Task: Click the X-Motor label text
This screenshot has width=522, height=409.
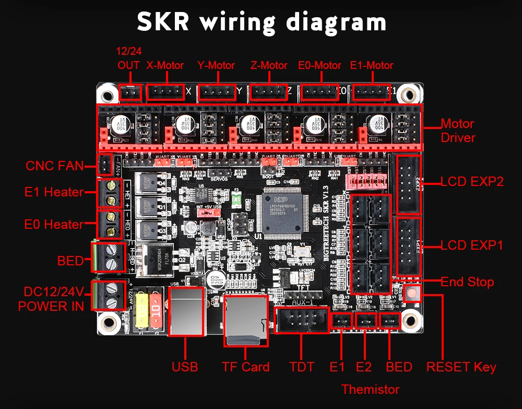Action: tap(165, 66)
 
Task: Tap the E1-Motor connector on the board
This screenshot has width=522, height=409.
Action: tap(372, 92)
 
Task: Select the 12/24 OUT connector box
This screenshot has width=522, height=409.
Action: tap(130, 92)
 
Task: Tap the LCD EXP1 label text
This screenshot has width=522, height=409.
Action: tap(472, 245)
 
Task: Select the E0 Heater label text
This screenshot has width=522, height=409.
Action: tap(54, 225)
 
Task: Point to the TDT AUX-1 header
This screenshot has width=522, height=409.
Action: tap(301, 320)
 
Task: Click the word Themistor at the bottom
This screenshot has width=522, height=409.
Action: tap(370, 390)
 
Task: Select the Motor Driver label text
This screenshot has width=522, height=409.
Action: tap(458, 131)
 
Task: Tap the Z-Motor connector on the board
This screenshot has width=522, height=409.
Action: tap(268, 92)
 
